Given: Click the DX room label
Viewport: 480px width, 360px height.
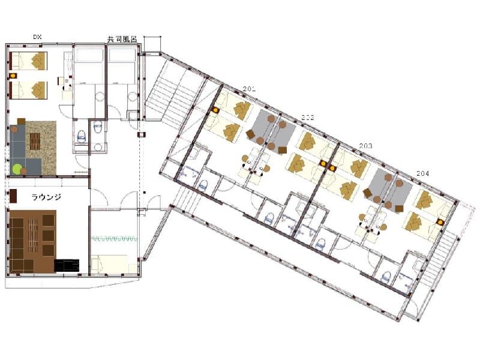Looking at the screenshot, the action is (x=37, y=37).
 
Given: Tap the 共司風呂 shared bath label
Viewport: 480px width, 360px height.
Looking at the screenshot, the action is (x=122, y=39).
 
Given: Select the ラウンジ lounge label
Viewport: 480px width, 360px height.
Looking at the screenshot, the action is (x=46, y=197).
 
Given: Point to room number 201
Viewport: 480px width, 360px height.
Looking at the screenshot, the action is (x=249, y=89).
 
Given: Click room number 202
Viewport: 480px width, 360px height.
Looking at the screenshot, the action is (x=308, y=117).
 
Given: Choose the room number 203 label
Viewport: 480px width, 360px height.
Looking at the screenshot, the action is (x=365, y=146).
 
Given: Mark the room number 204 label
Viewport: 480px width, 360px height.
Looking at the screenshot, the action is (x=423, y=173).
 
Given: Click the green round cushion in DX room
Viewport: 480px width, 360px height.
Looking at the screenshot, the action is (x=17, y=169).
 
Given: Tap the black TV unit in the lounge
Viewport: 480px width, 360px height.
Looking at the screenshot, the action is (x=67, y=265).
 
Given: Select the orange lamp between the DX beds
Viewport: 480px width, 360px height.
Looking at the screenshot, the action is (x=13, y=76).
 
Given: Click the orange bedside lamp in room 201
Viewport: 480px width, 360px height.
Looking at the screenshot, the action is (x=215, y=110).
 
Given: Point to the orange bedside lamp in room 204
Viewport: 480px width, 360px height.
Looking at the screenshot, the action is (x=440, y=222).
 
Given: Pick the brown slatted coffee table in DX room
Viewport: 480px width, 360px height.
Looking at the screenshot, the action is (x=35, y=142).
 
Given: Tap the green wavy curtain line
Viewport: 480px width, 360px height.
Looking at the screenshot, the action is (x=114, y=238).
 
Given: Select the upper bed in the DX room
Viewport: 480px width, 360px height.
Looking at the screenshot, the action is (x=28, y=61).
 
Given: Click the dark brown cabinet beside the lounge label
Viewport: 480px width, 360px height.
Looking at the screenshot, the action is (x=13, y=196).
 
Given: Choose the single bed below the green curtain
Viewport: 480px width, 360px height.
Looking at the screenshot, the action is (x=109, y=264).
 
